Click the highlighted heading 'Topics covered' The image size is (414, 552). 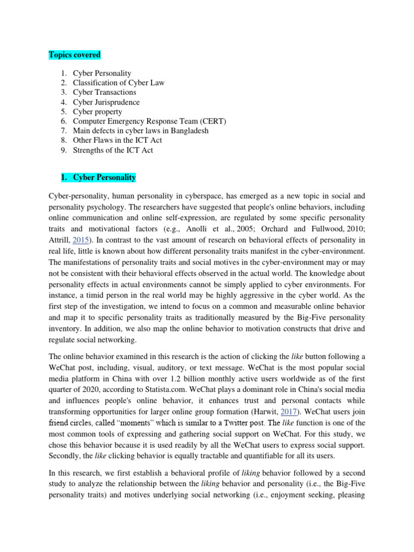74,55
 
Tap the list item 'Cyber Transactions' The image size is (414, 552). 105,92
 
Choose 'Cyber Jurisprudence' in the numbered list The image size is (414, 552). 106,102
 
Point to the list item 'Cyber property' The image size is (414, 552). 98,112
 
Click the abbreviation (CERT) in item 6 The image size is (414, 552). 209,121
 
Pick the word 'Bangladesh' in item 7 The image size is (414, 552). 190,131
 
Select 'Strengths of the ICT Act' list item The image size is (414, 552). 113,150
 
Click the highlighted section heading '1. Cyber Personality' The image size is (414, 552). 92,177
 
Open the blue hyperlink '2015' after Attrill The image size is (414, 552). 80,240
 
